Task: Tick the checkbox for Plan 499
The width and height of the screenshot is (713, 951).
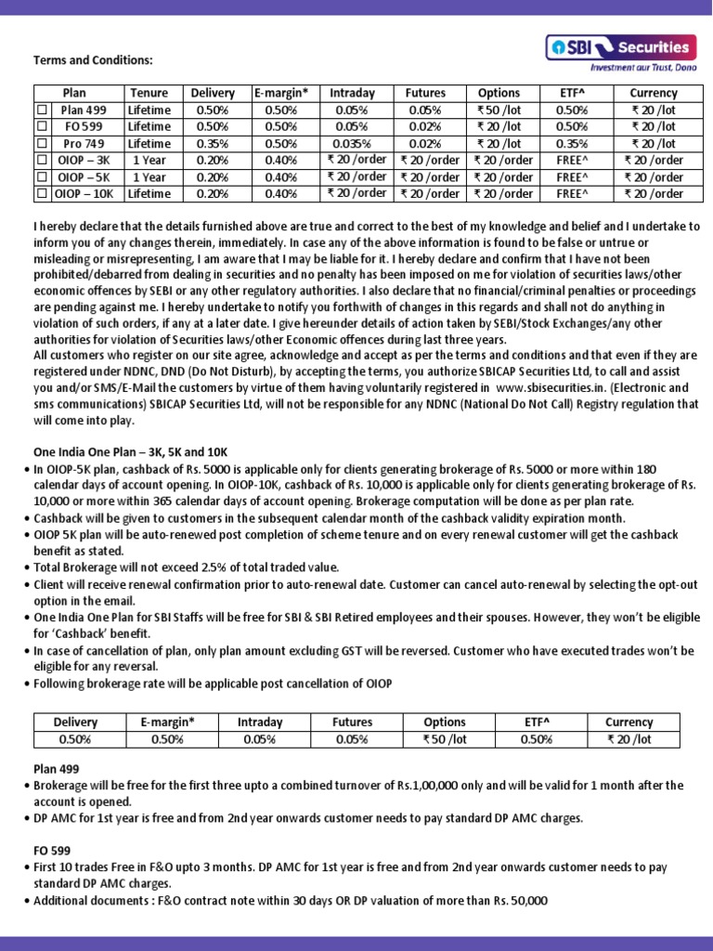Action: (x=41, y=110)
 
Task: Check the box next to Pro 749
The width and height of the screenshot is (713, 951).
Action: (x=41, y=144)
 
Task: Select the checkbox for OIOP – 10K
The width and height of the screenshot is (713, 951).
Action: (x=41, y=194)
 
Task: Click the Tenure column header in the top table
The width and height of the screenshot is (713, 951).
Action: (x=149, y=93)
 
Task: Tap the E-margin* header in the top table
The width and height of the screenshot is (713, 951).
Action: (x=280, y=93)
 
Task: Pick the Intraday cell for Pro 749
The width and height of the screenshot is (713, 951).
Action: (x=352, y=144)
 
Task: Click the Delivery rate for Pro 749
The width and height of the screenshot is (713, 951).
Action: (x=213, y=144)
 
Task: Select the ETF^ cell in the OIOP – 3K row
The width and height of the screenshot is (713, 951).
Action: (x=572, y=160)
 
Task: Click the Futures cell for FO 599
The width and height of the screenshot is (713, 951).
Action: (x=425, y=126)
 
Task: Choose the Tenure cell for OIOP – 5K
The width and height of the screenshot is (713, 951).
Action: (x=149, y=177)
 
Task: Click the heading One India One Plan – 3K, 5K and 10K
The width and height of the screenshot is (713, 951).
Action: (x=130, y=451)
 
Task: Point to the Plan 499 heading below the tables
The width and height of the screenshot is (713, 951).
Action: (x=56, y=769)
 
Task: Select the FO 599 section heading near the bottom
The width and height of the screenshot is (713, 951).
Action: (x=52, y=850)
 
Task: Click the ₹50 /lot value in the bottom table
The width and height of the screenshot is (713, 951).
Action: (x=445, y=739)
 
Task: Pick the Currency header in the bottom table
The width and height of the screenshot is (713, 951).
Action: (x=629, y=722)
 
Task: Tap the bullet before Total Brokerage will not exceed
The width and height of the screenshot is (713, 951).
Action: (x=27, y=567)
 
